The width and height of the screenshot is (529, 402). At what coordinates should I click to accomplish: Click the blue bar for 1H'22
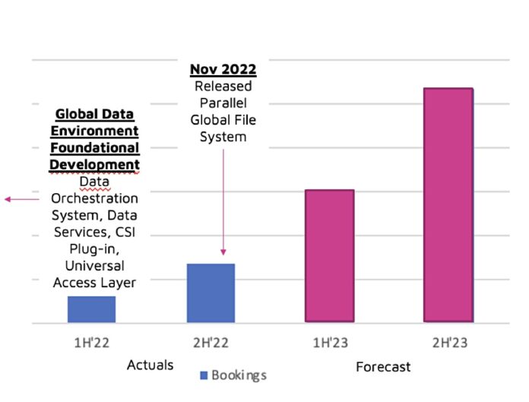pyautogui.click(x=91, y=309)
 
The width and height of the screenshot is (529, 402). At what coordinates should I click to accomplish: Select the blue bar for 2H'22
pyautogui.click(x=211, y=293)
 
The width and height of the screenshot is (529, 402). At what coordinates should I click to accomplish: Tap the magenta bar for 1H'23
pyautogui.click(x=330, y=256)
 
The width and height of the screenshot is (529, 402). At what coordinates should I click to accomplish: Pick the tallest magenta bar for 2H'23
pyautogui.click(x=448, y=205)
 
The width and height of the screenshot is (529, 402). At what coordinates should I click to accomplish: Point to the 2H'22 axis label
pyautogui.click(x=211, y=343)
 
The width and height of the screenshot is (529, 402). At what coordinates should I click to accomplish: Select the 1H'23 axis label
pyautogui.click(x=330, y=343)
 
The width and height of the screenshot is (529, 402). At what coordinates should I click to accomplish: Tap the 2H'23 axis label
pyautogui.click(x=448, y=343)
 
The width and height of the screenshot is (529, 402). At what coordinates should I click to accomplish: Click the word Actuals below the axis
pyautogui.click(x=150, y=365)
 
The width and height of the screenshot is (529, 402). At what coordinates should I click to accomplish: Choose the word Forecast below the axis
pyautogui.click(x=383, y=367)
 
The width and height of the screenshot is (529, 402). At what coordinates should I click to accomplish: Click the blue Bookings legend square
pyautogui.click(x=204, y=375)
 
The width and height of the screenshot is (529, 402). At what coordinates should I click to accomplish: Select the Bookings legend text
pyautogui.click(x=239, y=375)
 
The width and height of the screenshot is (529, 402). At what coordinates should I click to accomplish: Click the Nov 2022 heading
pyautogui.click(x=223, y=70)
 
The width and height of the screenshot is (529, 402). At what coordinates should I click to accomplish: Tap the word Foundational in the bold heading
pyautogui.click(x=95, y=148)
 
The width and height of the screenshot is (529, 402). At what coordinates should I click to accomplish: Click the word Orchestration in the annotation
pyautogui.click(x=95, y=199)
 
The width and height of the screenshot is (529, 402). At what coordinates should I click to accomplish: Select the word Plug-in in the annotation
pyautogui.click(x=95, y=249)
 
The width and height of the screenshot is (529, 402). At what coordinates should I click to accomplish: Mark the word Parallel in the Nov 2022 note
pyautogui.click(x=223, y=103)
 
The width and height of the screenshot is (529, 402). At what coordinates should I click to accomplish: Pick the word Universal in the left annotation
pyautogui.click(x=95, y=266)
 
